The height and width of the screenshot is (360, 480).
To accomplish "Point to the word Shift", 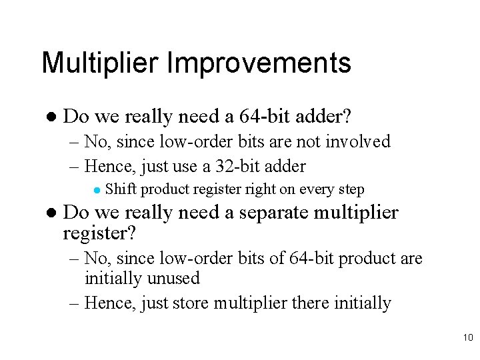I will point(119,189).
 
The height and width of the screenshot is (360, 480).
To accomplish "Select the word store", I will point(193,303).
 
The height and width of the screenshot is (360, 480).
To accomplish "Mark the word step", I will point(352,190).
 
